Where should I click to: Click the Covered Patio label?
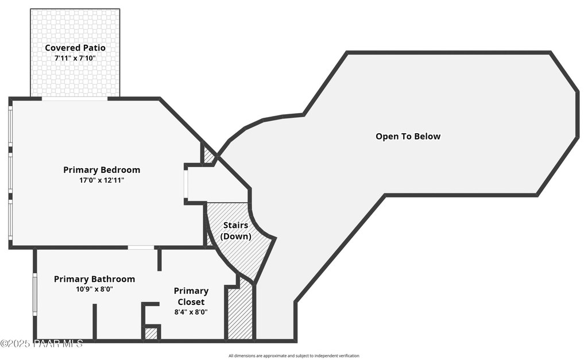tap(75, 48)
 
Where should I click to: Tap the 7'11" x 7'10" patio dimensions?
tap(75, 58)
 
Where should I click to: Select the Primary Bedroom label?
tap(102, 170)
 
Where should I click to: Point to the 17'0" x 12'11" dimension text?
tap(102, 180)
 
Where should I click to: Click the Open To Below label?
tap(408, 137)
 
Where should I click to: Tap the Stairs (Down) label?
tap(235, 231)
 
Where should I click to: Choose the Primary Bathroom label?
tap(94, 279)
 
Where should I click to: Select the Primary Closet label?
tap(191, 296)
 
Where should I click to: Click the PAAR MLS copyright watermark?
tap(41, 343)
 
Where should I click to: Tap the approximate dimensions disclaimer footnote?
tap(293, 356)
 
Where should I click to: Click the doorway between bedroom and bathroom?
tap(141, 247)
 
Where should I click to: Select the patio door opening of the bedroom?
tap(75, 98)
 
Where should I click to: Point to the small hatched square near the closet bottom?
tap(150, 333)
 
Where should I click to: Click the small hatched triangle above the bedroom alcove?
tap(209, 156)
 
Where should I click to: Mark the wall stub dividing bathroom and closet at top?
tap(159, 259)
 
